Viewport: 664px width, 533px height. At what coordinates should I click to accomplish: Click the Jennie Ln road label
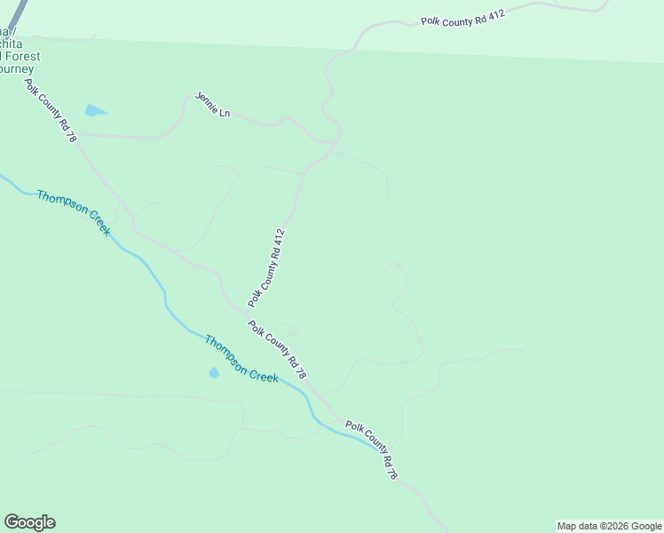[212, 105]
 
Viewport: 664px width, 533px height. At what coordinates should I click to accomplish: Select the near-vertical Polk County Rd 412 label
[267, 267]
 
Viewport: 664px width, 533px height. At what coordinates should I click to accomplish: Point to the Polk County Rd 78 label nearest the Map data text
[372, 451]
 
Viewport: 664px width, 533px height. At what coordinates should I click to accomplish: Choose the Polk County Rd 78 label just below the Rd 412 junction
[278, 350]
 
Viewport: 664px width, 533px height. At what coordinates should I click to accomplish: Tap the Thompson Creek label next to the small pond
[241, 359]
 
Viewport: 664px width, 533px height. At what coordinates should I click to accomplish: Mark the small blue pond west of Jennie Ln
[94, 111]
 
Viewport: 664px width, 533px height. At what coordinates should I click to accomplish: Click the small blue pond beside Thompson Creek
[213, 373]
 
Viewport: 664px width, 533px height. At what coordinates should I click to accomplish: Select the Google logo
[29, 522]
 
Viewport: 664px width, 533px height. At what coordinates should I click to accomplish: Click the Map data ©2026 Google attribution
[609, 526]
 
